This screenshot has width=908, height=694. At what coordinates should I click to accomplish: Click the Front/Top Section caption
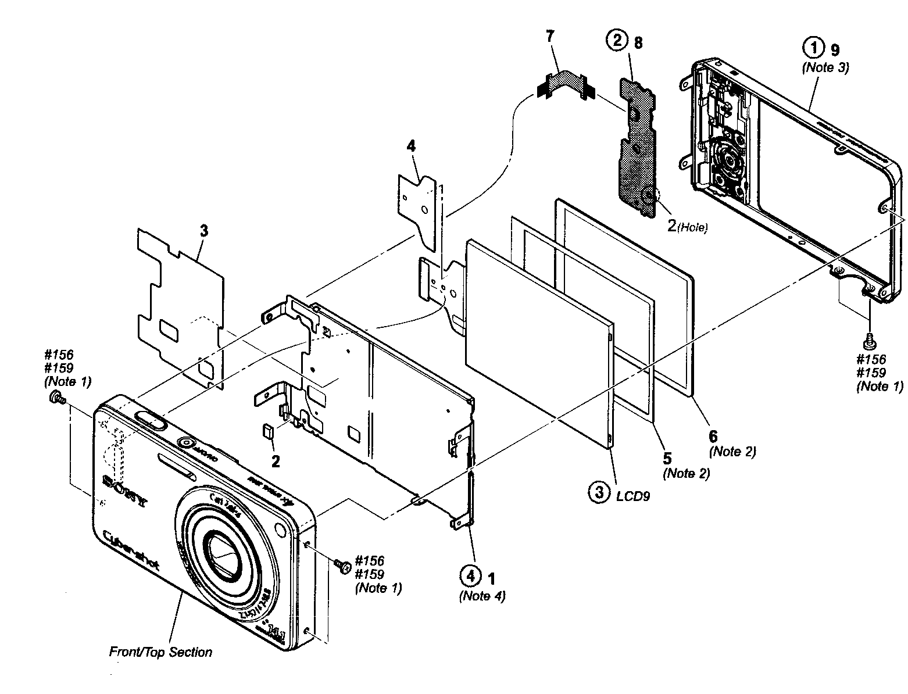(x=160, y=652)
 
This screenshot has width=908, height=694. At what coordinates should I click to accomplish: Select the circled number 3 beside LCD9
(x=598, y=493)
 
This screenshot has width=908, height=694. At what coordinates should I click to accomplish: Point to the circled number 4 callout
(x=471, y=577)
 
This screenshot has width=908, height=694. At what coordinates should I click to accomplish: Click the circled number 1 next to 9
(x=813, y=46)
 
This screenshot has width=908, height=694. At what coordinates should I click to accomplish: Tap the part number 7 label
(x=549, y=36)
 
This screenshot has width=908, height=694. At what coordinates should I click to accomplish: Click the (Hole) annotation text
(x=694, y=228)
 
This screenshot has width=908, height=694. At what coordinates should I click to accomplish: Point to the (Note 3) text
(x=825, y=67)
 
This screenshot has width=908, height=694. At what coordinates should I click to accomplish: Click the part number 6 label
(x=713, y=435)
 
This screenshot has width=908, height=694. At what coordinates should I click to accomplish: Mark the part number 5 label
(x=667, y=458)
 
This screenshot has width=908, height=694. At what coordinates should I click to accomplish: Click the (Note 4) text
(x=482, y=596)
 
